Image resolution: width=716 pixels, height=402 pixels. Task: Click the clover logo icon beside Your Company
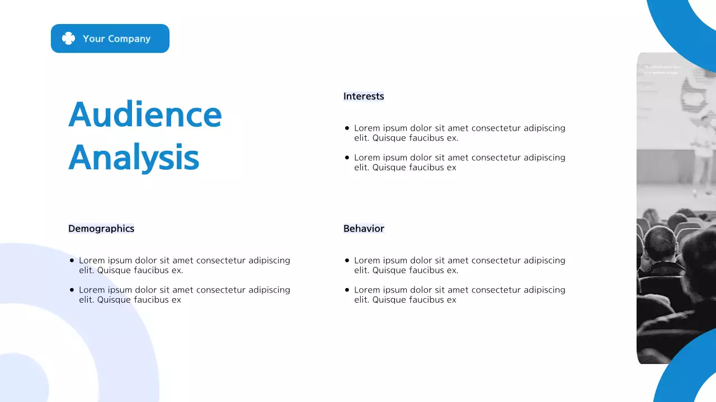coord(68,39)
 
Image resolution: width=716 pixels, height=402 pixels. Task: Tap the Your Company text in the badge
coord(116,39)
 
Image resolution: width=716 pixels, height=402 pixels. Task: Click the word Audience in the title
coord(145,114)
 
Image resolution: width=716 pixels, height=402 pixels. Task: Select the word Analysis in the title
coord(134,158)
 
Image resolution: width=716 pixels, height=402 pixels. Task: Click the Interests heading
coord(364,96)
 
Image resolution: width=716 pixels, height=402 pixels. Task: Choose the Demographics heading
coord(101,228)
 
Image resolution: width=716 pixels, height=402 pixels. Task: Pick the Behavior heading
coord(364,228)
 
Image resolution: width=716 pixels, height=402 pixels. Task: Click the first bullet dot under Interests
coord(347,128)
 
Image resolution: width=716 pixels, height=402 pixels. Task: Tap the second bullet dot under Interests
coord(347,158)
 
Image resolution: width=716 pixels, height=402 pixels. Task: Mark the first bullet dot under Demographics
coord(72,261)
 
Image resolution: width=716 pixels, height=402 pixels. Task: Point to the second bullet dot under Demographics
coord(72,290)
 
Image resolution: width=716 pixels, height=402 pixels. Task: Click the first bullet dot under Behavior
coord(347,261)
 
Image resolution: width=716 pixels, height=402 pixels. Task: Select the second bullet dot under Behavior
coord(347,290)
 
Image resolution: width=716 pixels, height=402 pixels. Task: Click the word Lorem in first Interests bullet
coord(366,128)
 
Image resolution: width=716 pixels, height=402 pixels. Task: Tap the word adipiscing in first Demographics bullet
coord(269,261)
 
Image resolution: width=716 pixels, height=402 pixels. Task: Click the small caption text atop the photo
coord(662,70)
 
